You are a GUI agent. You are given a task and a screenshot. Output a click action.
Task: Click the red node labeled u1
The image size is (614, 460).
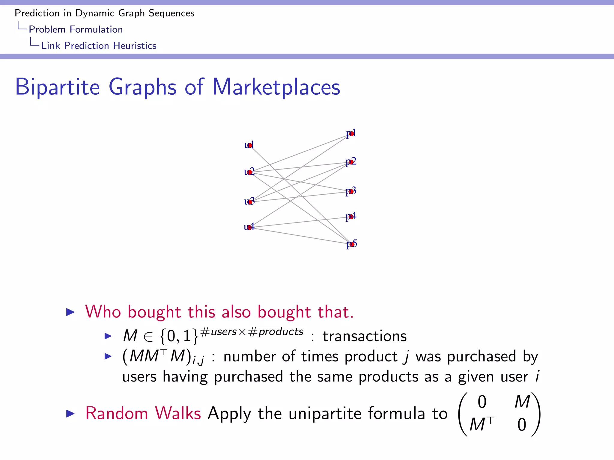pyautogui.click(x=250, y=146)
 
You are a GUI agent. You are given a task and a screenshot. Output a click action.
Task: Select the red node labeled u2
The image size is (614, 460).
pyautogui.click(x=250, y=172)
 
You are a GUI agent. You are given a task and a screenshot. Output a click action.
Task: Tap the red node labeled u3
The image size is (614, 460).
pyautogui.click(x=250, y=202)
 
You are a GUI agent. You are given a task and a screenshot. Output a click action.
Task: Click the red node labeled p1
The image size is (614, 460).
pyautogui.click(x=351, y=134)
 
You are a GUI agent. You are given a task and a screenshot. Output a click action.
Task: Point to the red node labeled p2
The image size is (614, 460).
pyautogui.click(x=351, y=162)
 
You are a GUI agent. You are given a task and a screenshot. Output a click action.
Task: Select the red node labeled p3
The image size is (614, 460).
pyautogui.click(x=351, y=191)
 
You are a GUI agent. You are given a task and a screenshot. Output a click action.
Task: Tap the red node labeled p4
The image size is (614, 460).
pyautogui.click(x=351, y=217)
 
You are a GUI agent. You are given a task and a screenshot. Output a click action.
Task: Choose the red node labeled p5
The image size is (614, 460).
pyautogui.click(x=352, y=244)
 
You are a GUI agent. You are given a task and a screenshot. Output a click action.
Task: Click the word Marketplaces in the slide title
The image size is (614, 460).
pyautogui.click(x=276, y=87)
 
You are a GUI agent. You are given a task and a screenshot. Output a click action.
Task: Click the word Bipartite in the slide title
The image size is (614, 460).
pyautogui.click(x=57, y=87)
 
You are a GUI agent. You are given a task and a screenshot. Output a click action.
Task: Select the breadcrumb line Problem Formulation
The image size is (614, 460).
pyautogui.click(x=76, y=29)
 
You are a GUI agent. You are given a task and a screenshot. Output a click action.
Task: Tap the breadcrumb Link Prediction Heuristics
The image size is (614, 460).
pyautogui.click(x=99, y=46)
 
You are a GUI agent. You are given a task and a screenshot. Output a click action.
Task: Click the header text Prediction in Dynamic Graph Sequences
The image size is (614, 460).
pyautogui.click(x=104, y=13)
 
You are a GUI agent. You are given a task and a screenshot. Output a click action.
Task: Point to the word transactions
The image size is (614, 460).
pyautogui.click(x=365, y=336)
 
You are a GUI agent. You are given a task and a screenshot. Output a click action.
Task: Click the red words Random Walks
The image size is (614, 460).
pyautogui.click(x=143, y=413)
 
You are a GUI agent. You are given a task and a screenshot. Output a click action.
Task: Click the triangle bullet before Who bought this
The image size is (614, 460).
pyautogui.click(x=70, y=312)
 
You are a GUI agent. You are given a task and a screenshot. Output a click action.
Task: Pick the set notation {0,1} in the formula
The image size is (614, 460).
pyautogui.click(x=179, y=336)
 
